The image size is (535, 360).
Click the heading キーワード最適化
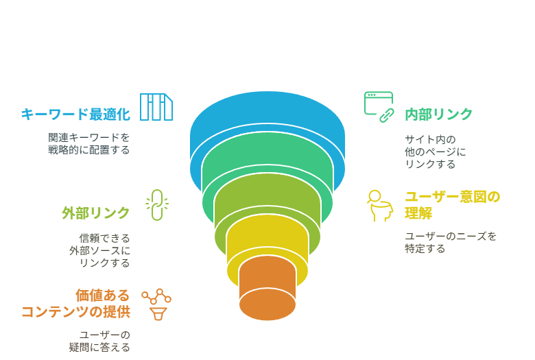[x=75, y=115]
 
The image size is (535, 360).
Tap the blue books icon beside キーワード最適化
[x=156, y=107]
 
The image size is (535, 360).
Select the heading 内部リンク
[x=438, y=115]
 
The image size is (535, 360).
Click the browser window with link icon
[x=379, y=107]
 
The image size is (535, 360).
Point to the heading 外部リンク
[x=96, y=213]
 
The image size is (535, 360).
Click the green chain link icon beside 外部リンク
[x=157, y=205]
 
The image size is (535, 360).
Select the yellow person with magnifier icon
[x=380, y=206]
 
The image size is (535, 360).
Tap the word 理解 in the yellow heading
[x=418, y=213]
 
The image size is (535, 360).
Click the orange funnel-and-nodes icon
[x=156, y=304]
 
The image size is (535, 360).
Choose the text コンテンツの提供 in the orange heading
[x=75, y=311]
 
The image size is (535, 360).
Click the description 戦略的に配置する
[x=88, y=149]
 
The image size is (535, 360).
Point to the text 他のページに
[x=436, y=152]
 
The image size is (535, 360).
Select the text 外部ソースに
[x=99, y=250]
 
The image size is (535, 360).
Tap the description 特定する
[x=425, y=248]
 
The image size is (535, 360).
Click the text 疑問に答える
[x=99, y=347]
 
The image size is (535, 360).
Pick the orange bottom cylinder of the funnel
[x=267, y=290]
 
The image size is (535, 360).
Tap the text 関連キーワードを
[x=88, y=138]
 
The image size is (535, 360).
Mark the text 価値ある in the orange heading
[x=102, y=295]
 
